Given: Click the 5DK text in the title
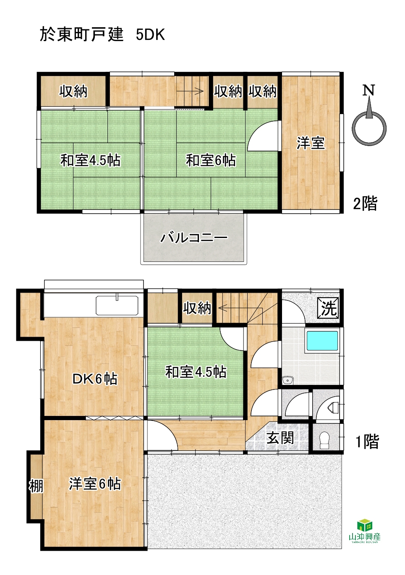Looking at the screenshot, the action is (150, 35).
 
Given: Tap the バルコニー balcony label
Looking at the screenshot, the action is (194, 238).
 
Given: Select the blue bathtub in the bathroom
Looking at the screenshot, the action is (322, 341).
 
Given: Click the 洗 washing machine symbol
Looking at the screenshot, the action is (329, 308).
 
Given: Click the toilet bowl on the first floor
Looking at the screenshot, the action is (324, 438).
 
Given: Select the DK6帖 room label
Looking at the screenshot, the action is (95, 379).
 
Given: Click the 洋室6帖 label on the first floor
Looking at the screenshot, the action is (95, 484).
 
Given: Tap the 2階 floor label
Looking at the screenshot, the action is (365, 204).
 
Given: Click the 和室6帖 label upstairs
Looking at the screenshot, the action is (210, 160).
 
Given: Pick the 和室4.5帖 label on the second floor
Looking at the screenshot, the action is (90, 160).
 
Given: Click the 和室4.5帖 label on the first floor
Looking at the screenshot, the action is (196, 372).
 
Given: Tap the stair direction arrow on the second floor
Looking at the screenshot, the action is (195, 91).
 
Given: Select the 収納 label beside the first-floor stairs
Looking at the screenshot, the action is (197, 308).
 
